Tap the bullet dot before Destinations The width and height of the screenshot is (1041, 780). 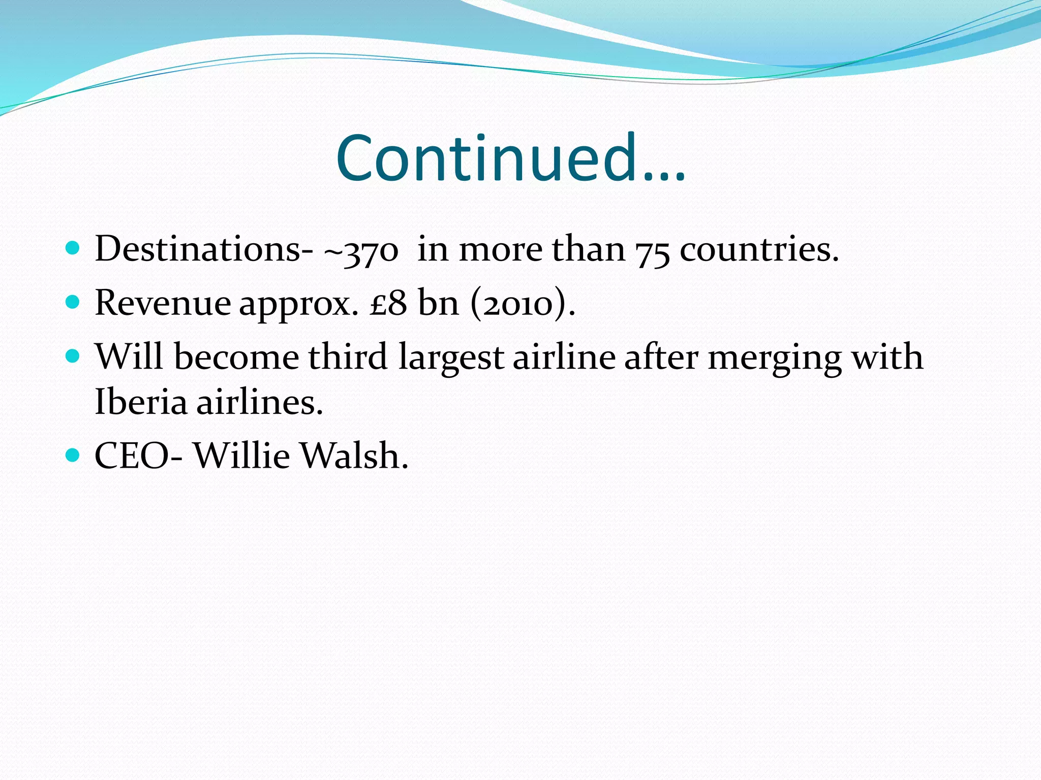pos(73,248)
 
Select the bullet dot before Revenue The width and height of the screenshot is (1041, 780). pos(73,302)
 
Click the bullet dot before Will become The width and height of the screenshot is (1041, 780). pos(73,355)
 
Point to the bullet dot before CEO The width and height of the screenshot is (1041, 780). pos(73,454)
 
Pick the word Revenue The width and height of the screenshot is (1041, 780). pos(163,303)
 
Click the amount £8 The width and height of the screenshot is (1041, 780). pos(388,303)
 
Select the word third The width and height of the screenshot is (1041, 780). pos(348,356)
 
